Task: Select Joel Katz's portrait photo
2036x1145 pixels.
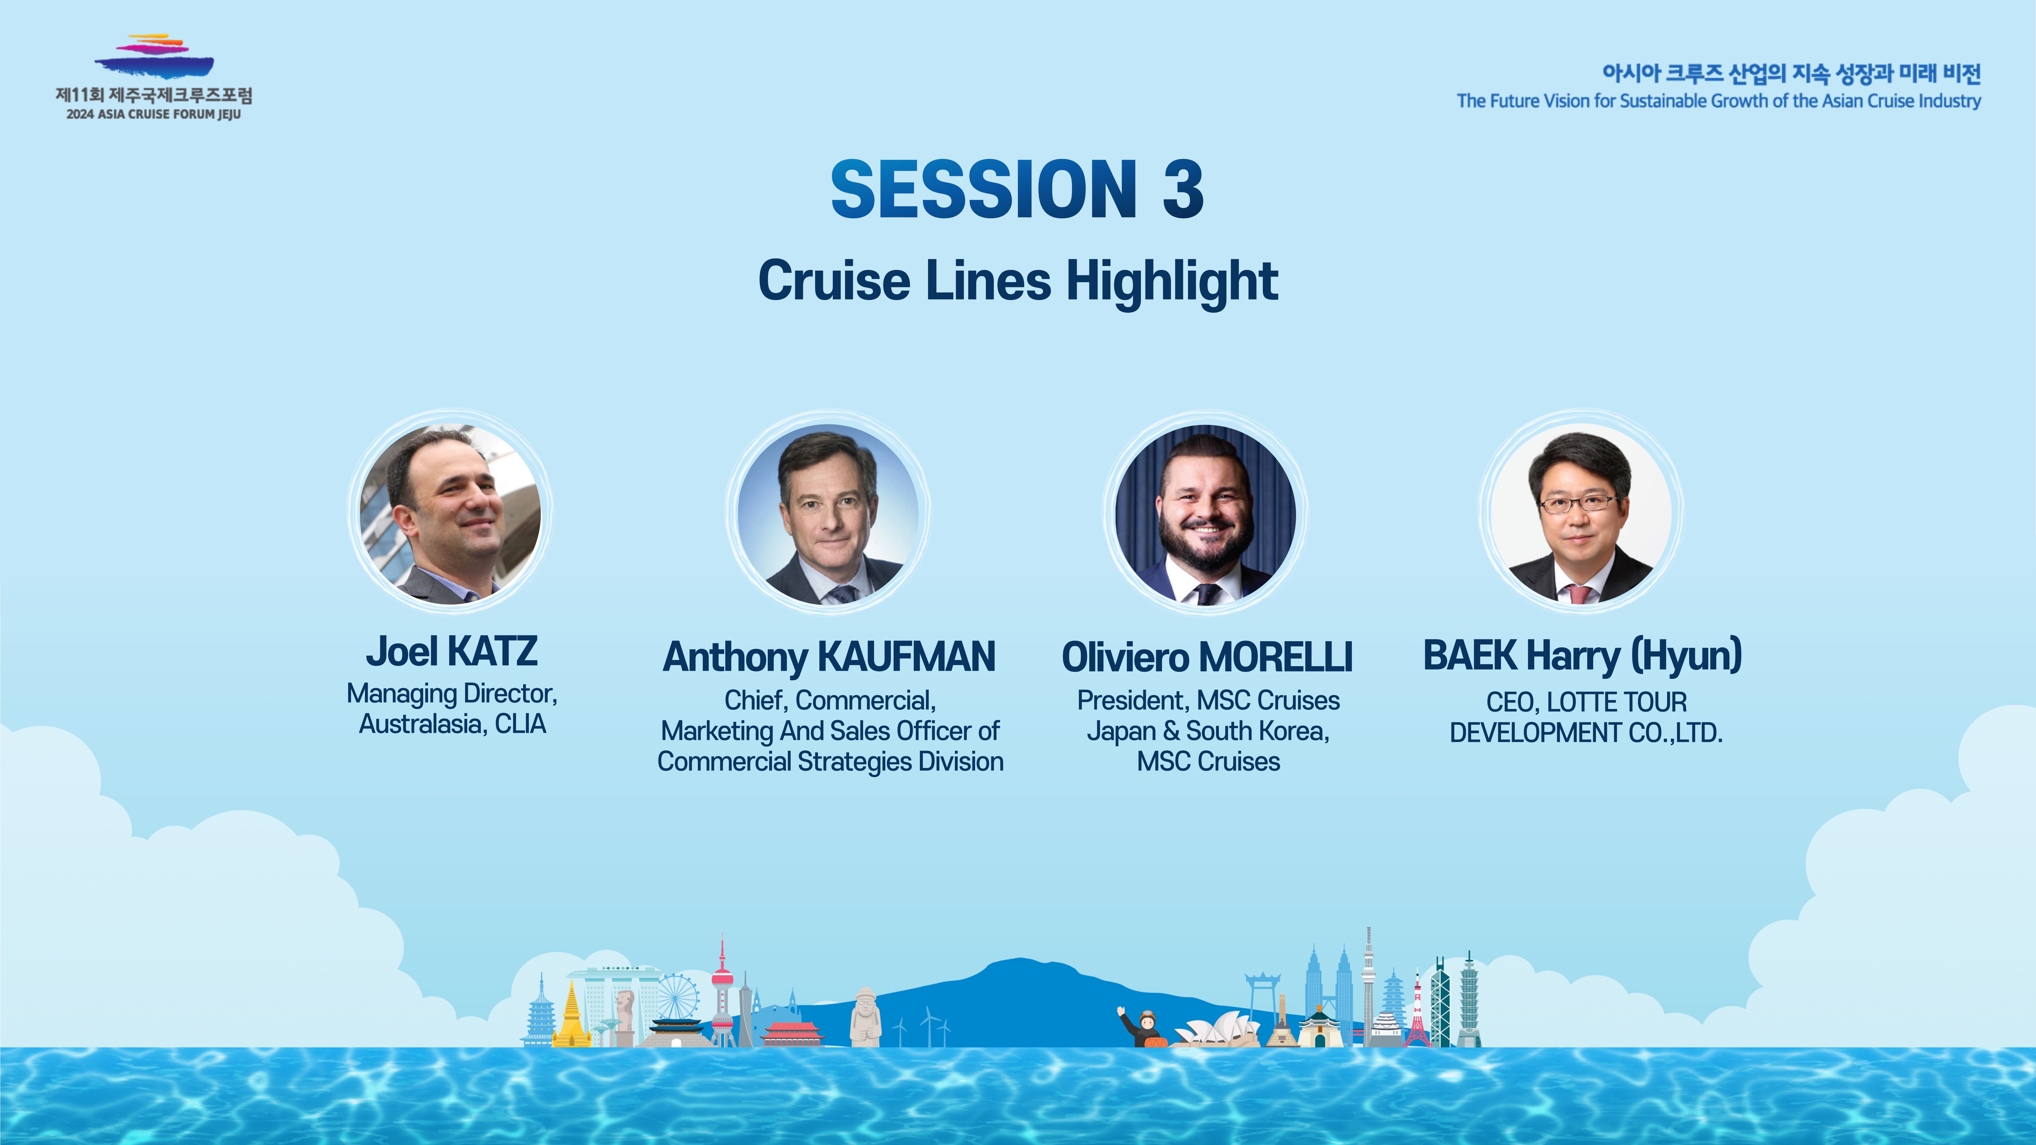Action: pos(450,514)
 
